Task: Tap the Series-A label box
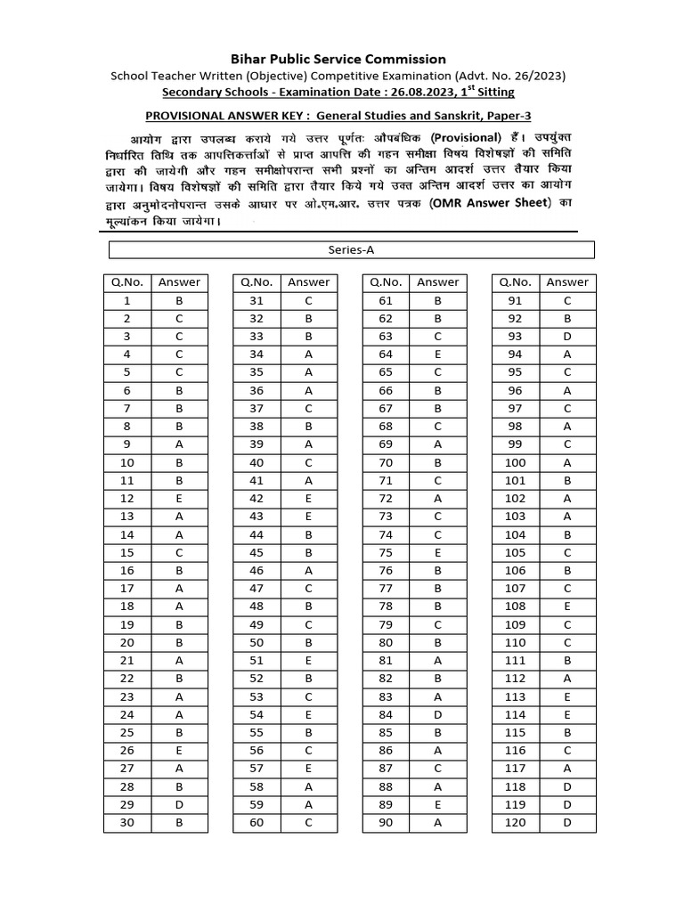(x=351, y=250)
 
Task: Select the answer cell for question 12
(x=179, y=499)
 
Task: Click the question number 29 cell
(x=127, y=805)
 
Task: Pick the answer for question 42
(x=308, y=499)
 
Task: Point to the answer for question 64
(x=438, y=354)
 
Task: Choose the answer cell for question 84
(x=438, y=715)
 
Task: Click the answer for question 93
(x=567, y=337)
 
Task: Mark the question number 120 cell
(x=516, y=823)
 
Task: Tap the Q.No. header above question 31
(x=256, y=282)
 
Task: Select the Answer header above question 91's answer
(x=567, y=282)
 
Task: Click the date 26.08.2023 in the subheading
(x=403, y=93)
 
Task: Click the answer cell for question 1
(x=179, y=301)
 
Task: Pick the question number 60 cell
(x=256, y=823)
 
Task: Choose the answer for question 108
(x=567, y=607)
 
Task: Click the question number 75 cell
(x=386, y=553)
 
